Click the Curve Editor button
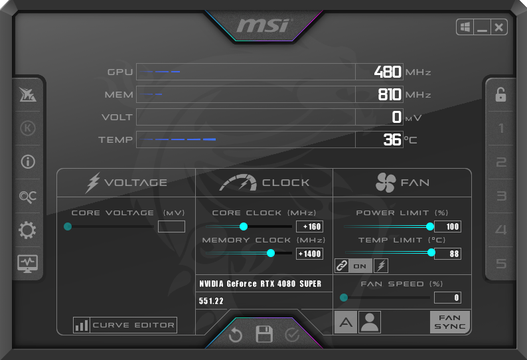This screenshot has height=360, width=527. click(x=125, y=325)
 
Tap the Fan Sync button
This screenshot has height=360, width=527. click(x=450, y=322)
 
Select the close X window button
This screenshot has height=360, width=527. click(x=498, y=27)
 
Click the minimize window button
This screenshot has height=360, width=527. click(x=482, y=27)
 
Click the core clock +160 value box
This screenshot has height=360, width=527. click(x=309, y=226)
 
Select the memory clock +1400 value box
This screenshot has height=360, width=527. click(x=309, y=254)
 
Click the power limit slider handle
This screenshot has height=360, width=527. click(x=430, y=226)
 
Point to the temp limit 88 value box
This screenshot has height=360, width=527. click(x=447, y=254)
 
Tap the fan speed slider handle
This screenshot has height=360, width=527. click(x=344, y=298)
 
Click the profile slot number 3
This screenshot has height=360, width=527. click(x=501, y=196)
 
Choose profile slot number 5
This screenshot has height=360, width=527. click(x=501, y=264)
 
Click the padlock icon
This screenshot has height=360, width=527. click(x=501, y=94)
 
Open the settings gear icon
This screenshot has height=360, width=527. click(x=27, y=230)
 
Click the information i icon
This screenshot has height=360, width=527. click(x=28, y=162)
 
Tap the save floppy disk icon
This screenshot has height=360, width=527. click(x=264, y=334)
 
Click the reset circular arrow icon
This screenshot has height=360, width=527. click(x=235, y=335)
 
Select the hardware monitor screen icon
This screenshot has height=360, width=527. click(x=28, y=264)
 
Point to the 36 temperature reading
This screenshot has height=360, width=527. click(x=392, y=139)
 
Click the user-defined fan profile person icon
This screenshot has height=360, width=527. click(x=370, y=322)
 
